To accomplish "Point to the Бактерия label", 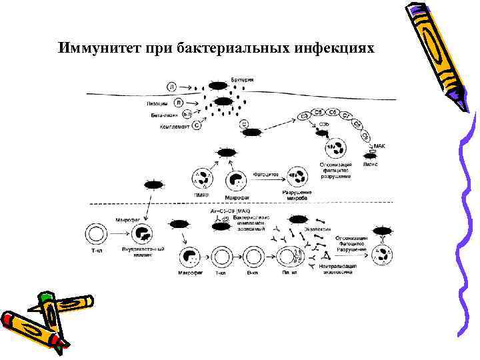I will point(242,80).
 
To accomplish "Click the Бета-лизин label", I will point(163,115).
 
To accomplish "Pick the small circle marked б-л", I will point(187,115).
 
